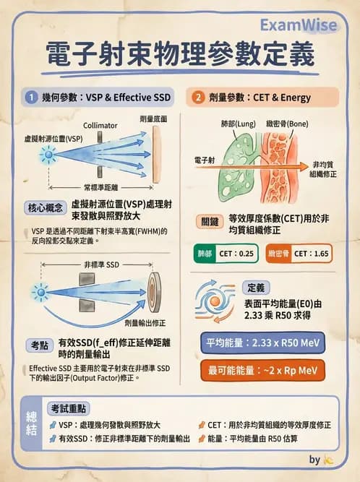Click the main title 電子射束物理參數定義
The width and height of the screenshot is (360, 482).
tap(180, 56)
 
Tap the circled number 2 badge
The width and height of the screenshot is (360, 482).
tap(198, 96)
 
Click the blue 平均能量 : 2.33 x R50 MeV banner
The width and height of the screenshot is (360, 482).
tap(261, 342)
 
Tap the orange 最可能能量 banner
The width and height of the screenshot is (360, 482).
tap(261, 371)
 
